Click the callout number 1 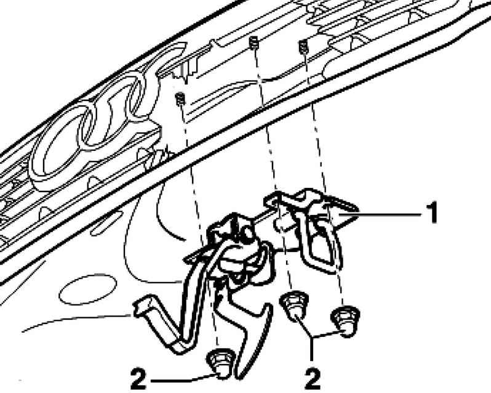pyautogui.click(x=433, y=213)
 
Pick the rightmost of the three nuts pyautogui.click(x=345, y=321)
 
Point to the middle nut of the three pyautogui.click(x=294, y=307)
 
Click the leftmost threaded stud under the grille pyautogui.click(x=180, y=99)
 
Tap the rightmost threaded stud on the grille pyautogui.click(x=303, y=47)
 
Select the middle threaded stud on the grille pyautogui.click(x=254, y=43)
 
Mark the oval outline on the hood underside pyautogui.click(x=87, y=290)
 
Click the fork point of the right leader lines pyautogui.click(x=311, y=337)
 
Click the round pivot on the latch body pyautogui.click(x=247, y=233)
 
